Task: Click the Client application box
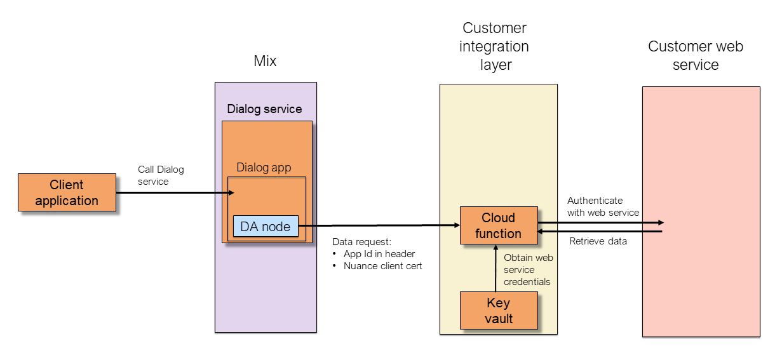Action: click(x=67, y=192)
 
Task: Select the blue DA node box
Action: click(x=266, y=227)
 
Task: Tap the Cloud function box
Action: click(x=498, y=225)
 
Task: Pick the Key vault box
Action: click(x=499, y=310)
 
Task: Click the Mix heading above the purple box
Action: click(x=265, y=62)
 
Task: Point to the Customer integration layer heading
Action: click(x=494, y=46)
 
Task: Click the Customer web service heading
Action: click(x=695, y=55)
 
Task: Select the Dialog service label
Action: click(x=264, y=109)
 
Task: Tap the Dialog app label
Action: click(x=264, y=168)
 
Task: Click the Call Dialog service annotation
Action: click(x=161, y=175)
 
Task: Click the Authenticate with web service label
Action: click(x=603, y=206)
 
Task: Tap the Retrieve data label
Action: click(x=598, y=241)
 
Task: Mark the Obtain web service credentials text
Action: click(x=528, y=269)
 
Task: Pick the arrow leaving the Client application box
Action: click(x=172, y=191)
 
